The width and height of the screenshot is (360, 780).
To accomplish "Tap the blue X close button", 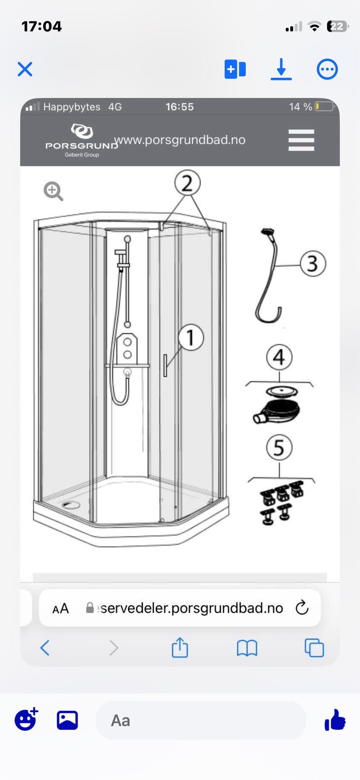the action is (x=25, y=69).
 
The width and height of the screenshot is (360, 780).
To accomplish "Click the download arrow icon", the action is (x=281, y=69).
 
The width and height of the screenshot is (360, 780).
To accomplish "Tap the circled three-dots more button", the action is (x=327, y=69).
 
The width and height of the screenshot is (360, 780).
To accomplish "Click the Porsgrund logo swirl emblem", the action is (x=82, y=131).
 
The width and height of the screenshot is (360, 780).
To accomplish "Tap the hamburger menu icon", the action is (x=301, y=140).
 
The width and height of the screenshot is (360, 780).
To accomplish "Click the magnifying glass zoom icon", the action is (x=53, y=191).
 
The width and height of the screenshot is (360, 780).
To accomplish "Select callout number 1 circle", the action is (x=191, y=338).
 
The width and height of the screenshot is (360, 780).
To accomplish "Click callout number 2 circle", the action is (x=187, y=183).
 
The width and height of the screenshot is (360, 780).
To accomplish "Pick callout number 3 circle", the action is (x=313, y=264).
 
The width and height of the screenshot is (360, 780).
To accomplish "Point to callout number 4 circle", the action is (x=279, y=357).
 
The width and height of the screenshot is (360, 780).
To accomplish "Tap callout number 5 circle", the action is (x=279, y=448).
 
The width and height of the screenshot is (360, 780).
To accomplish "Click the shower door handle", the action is (x=165, y=365).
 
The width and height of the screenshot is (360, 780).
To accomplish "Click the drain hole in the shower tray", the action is (x=71, y=505).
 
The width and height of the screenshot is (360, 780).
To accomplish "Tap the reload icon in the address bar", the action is (x=302, y=608).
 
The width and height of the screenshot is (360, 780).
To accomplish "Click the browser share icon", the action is (x=180, y=647).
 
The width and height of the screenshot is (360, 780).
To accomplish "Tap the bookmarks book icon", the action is (x=247, y=648).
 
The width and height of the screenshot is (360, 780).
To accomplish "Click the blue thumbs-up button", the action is (x=335, y=720).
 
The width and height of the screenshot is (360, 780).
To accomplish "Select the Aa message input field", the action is (x=201, y=720).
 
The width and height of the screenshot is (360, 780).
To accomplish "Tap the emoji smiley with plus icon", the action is (x=26, y=719).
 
